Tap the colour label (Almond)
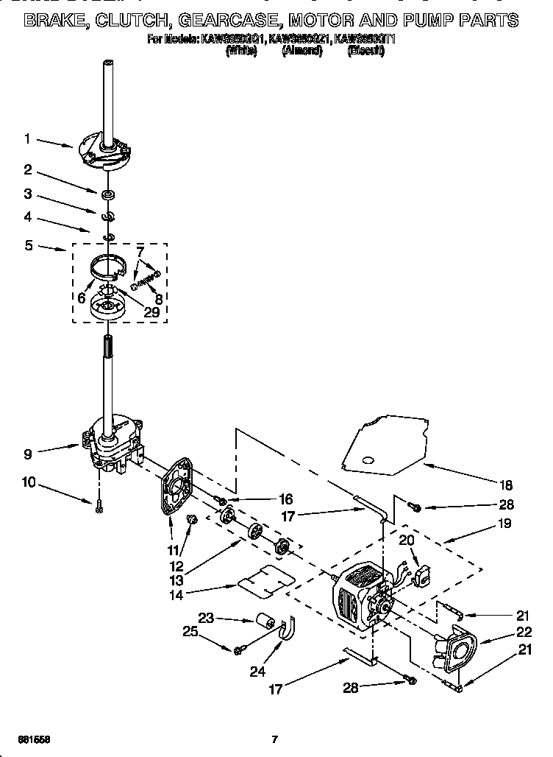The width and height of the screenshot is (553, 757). (302, 51)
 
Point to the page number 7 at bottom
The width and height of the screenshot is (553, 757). (274, 739)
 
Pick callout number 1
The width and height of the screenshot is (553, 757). (27, 138)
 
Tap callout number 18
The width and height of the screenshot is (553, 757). (506, 485)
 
